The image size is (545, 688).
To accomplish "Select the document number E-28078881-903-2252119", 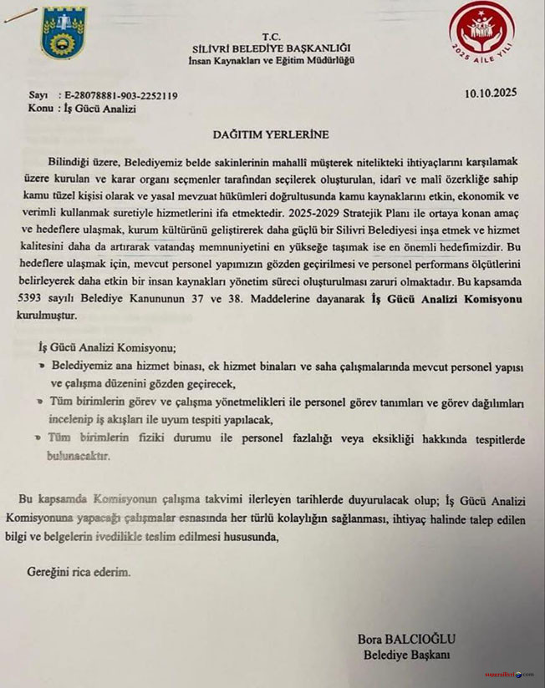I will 120,95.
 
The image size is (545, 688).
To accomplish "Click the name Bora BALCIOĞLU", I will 406,639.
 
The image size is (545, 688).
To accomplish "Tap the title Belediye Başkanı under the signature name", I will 406,655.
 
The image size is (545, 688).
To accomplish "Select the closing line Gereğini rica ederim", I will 75,574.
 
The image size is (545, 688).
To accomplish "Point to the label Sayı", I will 38,95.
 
